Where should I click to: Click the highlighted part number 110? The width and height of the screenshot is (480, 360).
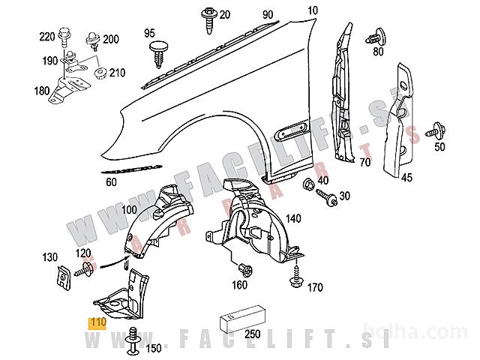click(97, 323)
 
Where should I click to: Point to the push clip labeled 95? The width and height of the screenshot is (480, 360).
click(158, 50)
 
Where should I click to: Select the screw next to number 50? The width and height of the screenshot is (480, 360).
click(433, 132)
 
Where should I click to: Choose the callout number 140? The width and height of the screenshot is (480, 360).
click(293, 218)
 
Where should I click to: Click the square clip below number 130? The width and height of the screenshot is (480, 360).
click(60, 277)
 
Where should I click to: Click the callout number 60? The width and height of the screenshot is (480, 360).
click(111, 182)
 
